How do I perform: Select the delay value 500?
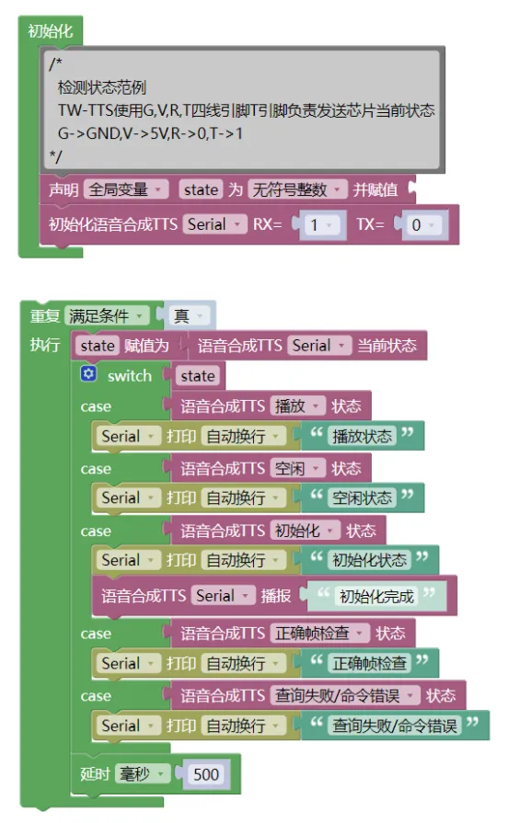206,774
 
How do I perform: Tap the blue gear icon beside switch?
88,373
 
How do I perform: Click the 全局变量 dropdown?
126,189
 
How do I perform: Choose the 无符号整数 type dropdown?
297,189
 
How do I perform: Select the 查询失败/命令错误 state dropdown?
345,695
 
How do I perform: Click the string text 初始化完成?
376,596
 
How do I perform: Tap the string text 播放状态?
362,436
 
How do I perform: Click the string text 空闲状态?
362,497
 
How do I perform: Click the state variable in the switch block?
198,376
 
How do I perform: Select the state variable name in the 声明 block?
201,189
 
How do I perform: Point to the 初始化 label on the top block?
51,31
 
